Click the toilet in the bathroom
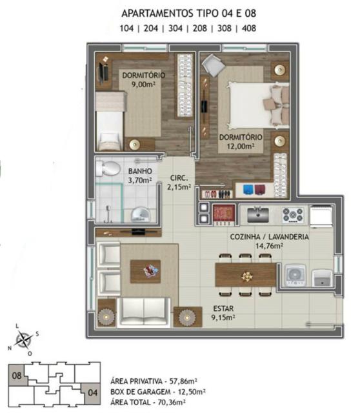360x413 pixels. [108, 168]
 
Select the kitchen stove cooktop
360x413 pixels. [293, 215]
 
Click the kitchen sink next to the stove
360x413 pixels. [258, 215]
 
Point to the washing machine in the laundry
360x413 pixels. [295, 276]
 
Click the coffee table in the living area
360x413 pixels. [145, 272]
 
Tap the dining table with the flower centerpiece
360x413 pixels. [246, 275]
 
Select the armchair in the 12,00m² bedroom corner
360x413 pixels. [213, 65]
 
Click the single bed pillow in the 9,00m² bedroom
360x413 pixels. [110, 139]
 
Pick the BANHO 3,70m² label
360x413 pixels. [140, 176]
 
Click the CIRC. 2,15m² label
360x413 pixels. [179, 182]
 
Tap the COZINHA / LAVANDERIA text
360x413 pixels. [270, 237]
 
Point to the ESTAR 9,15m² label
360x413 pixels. [223, 313]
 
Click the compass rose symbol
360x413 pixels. [23, 340]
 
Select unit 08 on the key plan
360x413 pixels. [17, 376]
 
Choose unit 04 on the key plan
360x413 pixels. [93, 393]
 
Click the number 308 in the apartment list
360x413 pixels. [224, 28]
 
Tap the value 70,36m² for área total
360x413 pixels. [172, 402]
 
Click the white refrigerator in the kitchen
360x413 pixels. [321, 217]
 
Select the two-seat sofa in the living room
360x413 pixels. [143, 312]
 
